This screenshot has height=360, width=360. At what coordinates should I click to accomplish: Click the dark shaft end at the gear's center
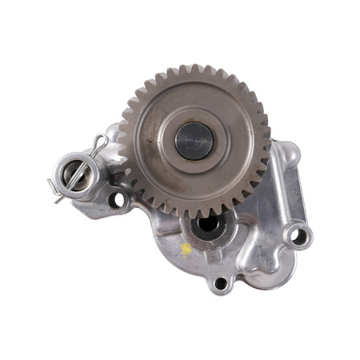coord(194,141)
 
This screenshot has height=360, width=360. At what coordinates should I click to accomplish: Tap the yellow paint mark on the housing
coord(186,249)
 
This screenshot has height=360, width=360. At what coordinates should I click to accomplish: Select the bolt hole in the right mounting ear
coord(298,237)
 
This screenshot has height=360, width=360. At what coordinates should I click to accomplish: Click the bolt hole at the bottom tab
coord(219,282)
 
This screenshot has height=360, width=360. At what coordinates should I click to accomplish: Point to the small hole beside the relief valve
coord(117,199)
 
